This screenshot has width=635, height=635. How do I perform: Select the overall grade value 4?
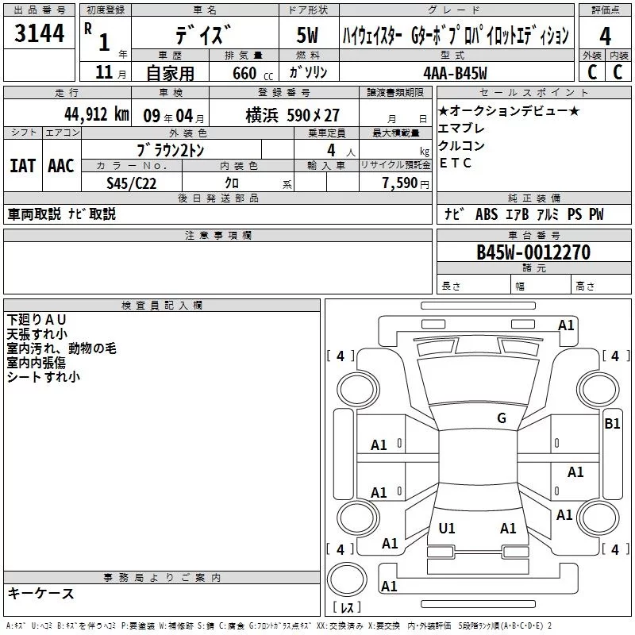[605, 37]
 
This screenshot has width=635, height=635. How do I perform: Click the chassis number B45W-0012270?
[533, 252]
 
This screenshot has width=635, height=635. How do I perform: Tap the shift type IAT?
[22, 165]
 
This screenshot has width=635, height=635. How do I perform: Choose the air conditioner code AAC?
[60, 165]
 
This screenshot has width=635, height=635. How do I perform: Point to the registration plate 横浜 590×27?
[292, 115]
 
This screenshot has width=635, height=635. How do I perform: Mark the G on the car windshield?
[501, 418]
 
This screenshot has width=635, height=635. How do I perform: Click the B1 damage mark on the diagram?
[612, 424]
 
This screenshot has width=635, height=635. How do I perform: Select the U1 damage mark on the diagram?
[447, 528]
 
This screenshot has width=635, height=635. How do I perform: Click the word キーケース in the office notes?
[41, 593]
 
